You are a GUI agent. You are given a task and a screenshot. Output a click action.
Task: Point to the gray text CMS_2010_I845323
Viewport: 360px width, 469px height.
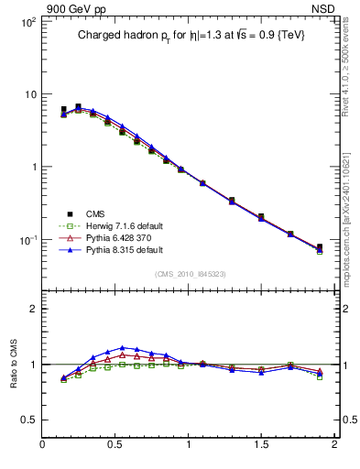(x=189, y=273)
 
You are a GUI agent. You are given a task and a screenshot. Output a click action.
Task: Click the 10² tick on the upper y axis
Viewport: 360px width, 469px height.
(x=27, y=21)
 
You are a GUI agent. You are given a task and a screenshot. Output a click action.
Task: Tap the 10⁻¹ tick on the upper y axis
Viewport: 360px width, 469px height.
(x=27, y=240)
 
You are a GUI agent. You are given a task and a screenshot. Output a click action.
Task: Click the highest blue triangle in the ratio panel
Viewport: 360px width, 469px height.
(x=123, y=348)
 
